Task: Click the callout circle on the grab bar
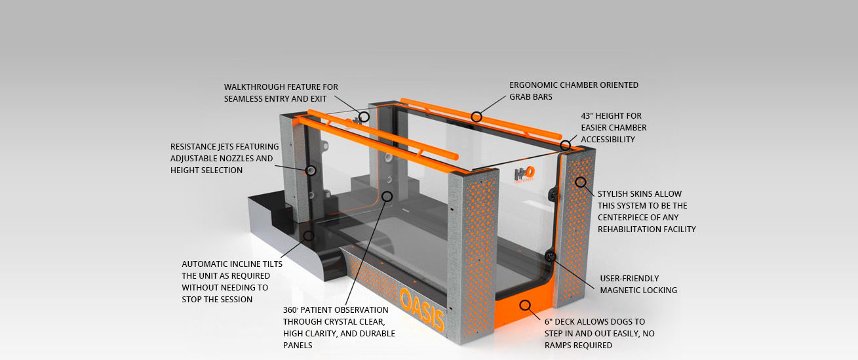tap(477, 117)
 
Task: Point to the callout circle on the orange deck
tap(524, 305)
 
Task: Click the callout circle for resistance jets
tap(311, 170)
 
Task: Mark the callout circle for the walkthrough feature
tap(364, 117)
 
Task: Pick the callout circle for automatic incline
tap(309, 235)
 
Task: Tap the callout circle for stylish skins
tap(580, 182)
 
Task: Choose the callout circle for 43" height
tap(565, 145)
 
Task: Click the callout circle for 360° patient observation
tap(387, 196)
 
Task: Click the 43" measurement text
tap(588, 116)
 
